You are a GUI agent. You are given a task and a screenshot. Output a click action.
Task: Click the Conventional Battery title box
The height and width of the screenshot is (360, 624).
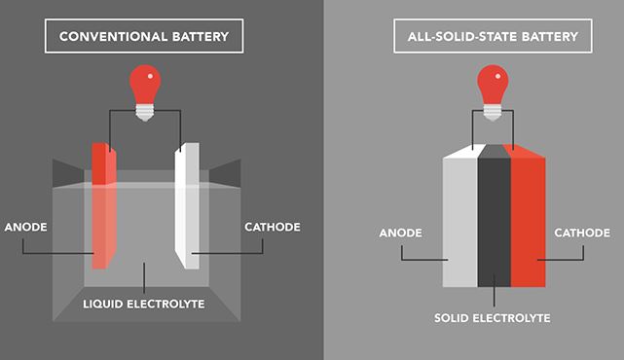point(144,36)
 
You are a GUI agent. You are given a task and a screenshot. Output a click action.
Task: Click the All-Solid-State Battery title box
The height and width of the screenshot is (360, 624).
point(493,36)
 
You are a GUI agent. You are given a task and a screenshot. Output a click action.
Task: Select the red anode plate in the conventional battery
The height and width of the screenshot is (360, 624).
point(104,205)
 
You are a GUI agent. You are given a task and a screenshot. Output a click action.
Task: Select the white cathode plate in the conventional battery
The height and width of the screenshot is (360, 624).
point(187,205)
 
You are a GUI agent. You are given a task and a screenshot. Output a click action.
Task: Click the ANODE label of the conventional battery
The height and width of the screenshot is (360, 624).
point(26,227)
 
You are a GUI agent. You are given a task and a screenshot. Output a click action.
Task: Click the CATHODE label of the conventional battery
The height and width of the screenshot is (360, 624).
point(273,227)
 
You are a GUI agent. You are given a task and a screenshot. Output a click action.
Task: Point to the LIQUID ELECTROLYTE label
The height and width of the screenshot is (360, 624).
point(144,304)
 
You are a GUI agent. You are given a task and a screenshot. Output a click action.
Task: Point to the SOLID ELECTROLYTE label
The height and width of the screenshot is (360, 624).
point(493,318)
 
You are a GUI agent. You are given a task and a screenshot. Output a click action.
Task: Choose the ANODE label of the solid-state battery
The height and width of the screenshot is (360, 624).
point(400,233)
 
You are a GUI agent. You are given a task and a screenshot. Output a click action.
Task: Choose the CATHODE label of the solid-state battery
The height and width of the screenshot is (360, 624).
point(582,233)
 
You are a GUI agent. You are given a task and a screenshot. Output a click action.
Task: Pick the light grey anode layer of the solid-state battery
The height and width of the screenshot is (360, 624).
point(460,222)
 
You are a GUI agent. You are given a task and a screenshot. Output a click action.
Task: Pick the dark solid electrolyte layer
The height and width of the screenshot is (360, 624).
point(495,222)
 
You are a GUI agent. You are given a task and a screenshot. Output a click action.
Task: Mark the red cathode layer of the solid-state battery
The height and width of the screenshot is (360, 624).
point(528,222)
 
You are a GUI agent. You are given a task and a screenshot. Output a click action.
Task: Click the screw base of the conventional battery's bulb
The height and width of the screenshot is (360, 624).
point(145,113)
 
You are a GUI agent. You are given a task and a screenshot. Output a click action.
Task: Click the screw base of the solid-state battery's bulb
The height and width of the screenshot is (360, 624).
point(493,113)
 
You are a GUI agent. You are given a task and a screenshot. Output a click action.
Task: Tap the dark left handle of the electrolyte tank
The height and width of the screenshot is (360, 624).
point(66,173)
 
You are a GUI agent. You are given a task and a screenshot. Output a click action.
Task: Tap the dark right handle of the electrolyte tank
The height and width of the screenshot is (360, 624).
point(226,173)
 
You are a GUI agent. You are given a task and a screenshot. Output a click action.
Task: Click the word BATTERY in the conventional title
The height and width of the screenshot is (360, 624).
point(201,37)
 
